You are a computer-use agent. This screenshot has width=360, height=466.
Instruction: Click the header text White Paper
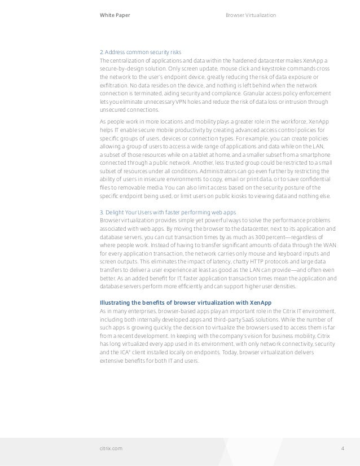(115, 15)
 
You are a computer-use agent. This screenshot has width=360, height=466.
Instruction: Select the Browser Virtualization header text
(251, 15)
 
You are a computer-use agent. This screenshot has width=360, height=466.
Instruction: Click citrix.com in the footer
(111, 449)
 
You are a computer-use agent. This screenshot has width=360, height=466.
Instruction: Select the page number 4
(343, 449)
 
